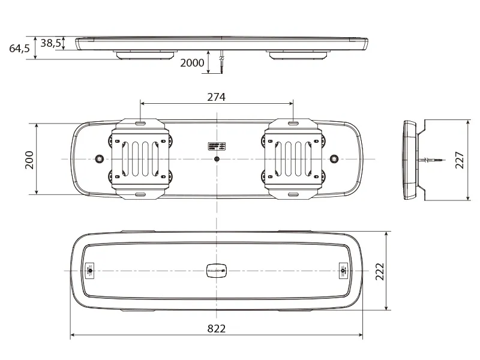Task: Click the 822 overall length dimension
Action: (216, 328)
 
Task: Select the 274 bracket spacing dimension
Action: (216, 97)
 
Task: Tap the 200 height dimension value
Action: (29, 159)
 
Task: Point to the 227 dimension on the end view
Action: (460, 159)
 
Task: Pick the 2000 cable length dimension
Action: (193, 62)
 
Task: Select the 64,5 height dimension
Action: (19, 49)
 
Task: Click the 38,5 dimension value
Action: (51, 43)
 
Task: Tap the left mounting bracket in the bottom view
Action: (140, 158)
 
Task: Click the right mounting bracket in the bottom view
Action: (293, 158)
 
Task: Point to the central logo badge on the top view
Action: (216, 271)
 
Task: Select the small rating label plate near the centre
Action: (217, 146)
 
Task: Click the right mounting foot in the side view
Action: (298, 55)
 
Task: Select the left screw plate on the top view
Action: (90, 271)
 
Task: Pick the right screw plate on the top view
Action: (343, 271)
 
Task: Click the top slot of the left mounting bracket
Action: (140, 123)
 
